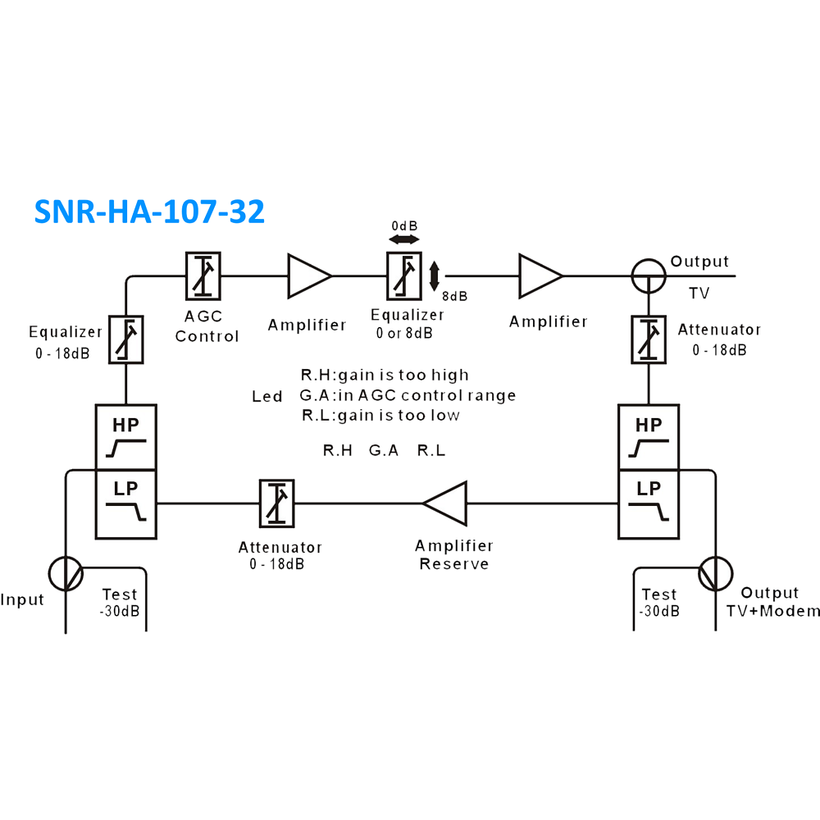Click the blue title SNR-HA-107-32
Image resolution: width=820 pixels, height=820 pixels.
pos(149,212)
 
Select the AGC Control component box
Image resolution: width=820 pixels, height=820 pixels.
pos(203,276)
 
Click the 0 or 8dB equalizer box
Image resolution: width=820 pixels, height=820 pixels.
pos(404,276)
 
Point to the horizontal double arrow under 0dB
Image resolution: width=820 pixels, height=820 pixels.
pos(404,239)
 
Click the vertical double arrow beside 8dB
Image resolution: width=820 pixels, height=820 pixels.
pos(434,276)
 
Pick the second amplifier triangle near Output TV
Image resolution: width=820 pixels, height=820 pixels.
pos(540,276)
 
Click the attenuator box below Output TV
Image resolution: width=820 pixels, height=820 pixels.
pos(649,339)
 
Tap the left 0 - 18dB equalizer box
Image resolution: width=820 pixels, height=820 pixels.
pos(126,339)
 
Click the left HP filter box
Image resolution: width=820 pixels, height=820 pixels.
pos(126,437)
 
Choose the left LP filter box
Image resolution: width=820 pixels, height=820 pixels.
pos(126,504)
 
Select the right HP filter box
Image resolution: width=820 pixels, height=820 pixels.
pos(649,437)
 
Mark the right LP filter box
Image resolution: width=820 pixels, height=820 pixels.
pos(649,504)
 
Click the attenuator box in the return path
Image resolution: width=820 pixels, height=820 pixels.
pos(277,503)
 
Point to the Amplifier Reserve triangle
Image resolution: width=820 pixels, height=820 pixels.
pos(444,503)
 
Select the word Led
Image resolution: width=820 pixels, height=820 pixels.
pos(266,396)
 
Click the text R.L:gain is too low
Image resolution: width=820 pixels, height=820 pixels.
pos(380,415)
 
